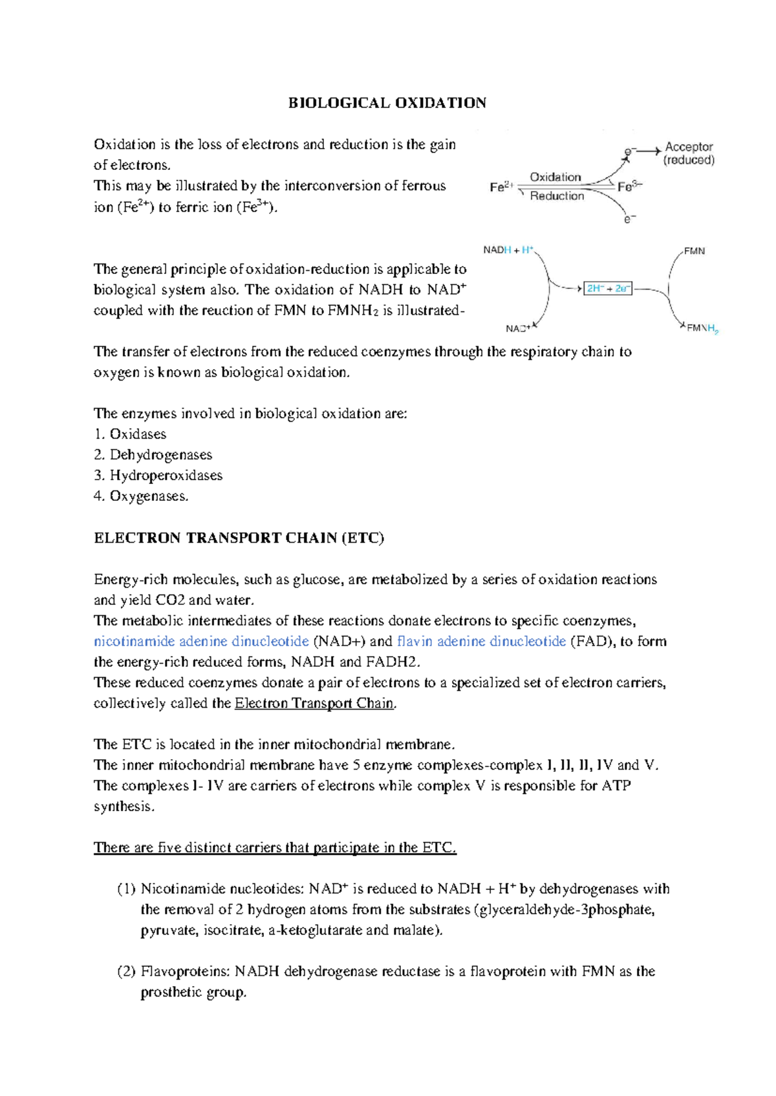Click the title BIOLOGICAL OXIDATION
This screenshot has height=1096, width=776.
pyautogui.click(x=387, y=103)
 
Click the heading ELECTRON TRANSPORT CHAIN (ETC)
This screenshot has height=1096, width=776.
pyautogui.click(x=239, y=538)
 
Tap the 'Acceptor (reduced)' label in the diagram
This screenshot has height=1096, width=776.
pyautogui.click(x=689, y=154)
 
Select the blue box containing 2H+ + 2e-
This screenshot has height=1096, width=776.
pyautogui.click(x=608, y=289)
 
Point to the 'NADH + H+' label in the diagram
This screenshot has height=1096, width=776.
pyautogui.click(x=508, y=250)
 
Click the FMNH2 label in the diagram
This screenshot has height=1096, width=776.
pyautogui.click(x=702, y=328)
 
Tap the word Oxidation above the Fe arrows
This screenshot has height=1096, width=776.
pyautogui.click(x=555, y=177)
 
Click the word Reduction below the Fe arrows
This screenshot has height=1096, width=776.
pyautogui.click(x=557, y=196)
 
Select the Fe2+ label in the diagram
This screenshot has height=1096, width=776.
pyautogui.click(x=501, y=187)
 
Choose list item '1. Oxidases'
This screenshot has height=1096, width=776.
pyautogui.click(x=130, y=434)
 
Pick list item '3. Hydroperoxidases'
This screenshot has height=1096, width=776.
pyautogui.click(x=158, y=476)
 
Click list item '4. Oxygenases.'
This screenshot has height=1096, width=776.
pyautogui.click(x=141, y=496)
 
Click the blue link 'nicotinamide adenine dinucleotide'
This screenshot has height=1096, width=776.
pyautogui.click(x=201, y=642)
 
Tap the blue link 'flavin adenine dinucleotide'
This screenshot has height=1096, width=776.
pyautogui.click(x=481, y=642)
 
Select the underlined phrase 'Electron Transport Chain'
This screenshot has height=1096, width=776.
pyautogui.click(x=314, y=704)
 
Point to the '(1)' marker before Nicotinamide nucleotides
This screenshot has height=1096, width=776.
pyautogui.click(x=126, y=889)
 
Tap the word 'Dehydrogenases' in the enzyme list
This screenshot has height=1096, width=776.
pyautogui.click(x=160, y=455)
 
